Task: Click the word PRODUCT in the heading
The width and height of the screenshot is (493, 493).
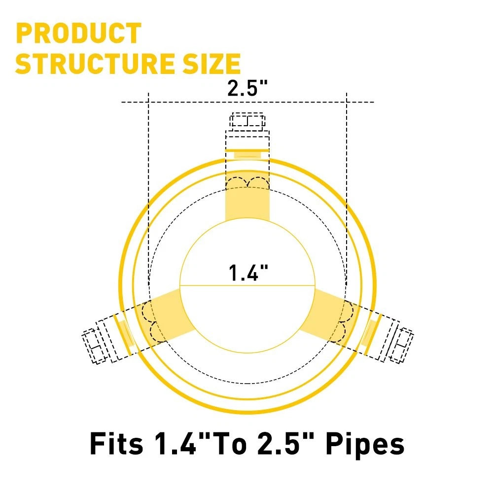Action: (78, 33)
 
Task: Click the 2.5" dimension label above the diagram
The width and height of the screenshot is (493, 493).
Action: (247, 88)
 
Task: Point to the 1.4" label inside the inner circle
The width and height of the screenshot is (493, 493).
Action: (248, 273)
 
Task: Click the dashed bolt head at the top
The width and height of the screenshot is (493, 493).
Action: (247, 121)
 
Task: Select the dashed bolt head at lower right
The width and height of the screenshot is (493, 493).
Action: (401, 345)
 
